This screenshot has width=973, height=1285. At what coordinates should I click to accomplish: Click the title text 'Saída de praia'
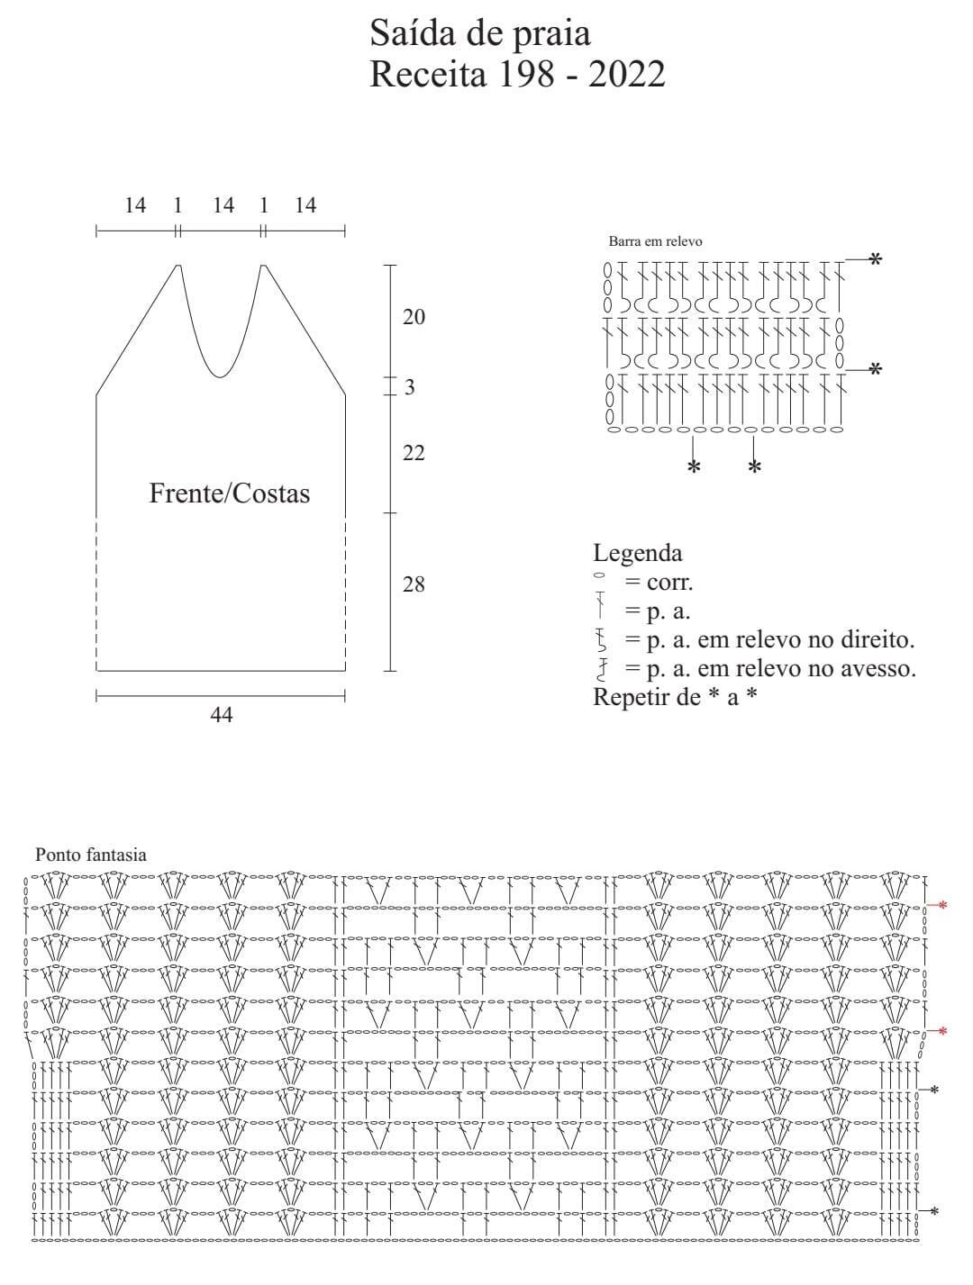[x=480, y=34]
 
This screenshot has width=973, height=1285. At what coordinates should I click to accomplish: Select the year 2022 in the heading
[x=627, y=75]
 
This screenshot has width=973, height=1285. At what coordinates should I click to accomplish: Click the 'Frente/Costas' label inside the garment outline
[x=230, y=493]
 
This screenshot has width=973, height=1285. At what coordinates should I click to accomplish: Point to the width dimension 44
[x=222, y=715]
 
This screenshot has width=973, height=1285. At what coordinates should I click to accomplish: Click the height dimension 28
[x=414, y=584]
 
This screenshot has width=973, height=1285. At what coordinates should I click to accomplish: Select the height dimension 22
[x=414, y=453]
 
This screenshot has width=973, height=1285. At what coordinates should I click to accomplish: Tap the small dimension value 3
[x=410, y=387]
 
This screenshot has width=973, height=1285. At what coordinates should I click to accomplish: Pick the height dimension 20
[x=414, y=317]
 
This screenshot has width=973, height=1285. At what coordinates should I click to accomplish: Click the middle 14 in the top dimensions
[x=223, y=205]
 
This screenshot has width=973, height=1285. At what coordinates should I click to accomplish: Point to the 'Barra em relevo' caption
[x=655, y=241]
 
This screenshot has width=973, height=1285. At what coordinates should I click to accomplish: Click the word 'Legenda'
[x=638, y=553]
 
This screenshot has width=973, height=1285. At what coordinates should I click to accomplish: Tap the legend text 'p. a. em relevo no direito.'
[x=781, y=639]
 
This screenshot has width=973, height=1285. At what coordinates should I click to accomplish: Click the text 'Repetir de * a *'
[x=675, y=697]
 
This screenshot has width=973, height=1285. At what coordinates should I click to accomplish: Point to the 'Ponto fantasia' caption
[x=91, y=855]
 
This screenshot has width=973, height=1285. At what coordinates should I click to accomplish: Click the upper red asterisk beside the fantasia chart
[x=942, y=906]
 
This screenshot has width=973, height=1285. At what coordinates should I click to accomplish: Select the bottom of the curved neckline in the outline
[x=220, y=377]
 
